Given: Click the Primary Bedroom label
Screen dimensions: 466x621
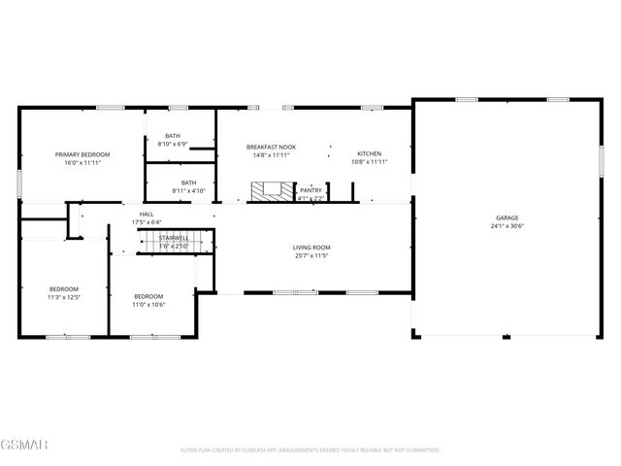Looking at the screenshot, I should coord(82,154).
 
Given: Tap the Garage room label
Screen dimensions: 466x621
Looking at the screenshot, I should coord(506,217).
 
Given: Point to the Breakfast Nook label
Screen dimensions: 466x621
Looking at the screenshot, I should coord(271,147).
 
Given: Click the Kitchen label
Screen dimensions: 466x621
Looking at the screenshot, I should coord(369,153).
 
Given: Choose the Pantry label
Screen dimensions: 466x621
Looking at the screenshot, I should coord(310,190).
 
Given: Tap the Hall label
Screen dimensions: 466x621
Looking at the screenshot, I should coord(147,214).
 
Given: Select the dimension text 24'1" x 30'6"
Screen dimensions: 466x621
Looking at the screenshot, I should coord(506,226).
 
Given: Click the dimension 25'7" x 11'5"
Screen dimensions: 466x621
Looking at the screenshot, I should coord(311,255).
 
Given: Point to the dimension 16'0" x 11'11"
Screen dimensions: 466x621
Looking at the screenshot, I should coord(82,163).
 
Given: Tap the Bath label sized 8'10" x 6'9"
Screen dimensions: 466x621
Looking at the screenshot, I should coord(173,136).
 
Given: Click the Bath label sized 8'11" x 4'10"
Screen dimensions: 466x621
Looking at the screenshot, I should coord(188,183).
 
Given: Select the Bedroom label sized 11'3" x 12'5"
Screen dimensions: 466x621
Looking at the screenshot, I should coord(64,288).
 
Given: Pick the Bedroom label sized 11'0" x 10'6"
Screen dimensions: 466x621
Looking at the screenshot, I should coord(148,295).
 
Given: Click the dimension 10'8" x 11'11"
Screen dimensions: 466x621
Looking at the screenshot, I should coord(369,162).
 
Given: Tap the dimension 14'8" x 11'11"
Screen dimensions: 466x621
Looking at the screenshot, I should coord(271,155).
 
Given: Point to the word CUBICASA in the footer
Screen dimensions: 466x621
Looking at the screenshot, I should coord(260,450).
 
